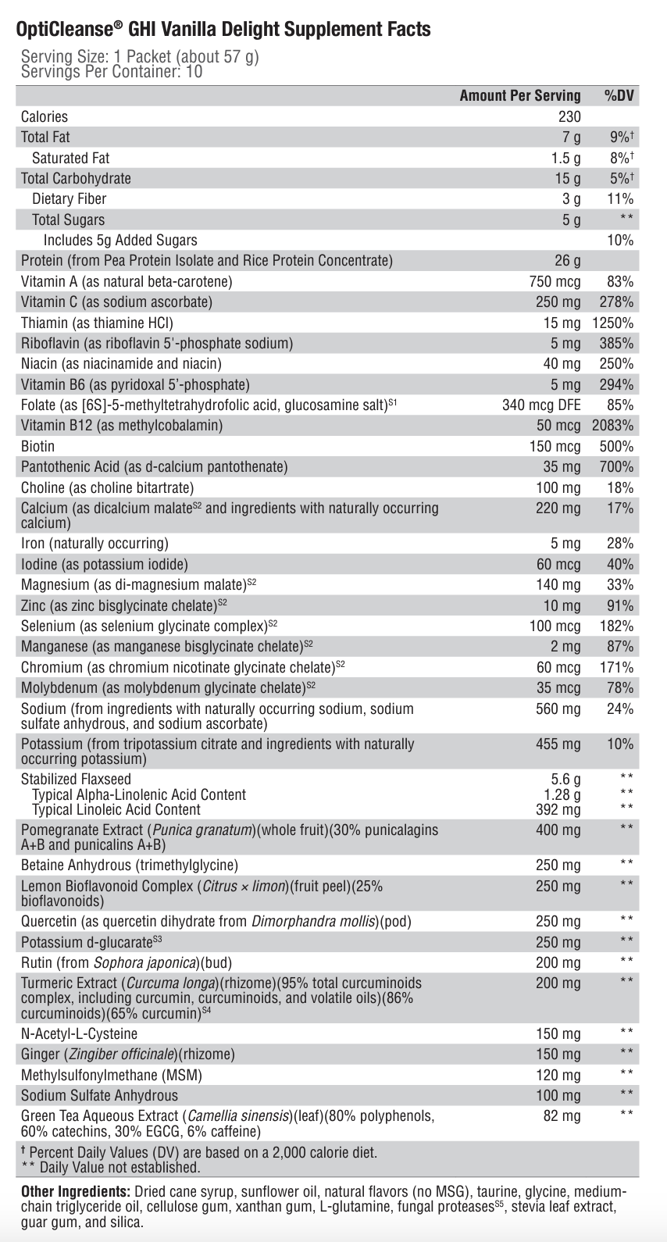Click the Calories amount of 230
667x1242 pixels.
[x=569, y=116]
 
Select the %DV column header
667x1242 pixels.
[x=619, y=95]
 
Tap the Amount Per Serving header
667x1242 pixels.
[x=520, y=95]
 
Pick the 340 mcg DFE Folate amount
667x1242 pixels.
[x=541, y=405]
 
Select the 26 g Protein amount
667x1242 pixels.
[x=568, y=260]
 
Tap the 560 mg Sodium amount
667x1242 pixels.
[x=558, y=708]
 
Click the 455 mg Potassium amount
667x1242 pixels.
[x=558, y=744]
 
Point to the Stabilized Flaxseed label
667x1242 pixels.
[x=76, y=779]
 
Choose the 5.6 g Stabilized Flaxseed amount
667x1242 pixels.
[x=566, y=779]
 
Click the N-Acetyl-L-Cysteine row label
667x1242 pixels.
[x=79, y=1033]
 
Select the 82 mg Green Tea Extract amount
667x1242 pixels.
[x=562, y=1116]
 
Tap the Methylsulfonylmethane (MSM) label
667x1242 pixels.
[x=112, y=1075]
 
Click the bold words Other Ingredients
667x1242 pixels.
[x=75, y=1192]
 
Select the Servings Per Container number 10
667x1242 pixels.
[x=194, y=72]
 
